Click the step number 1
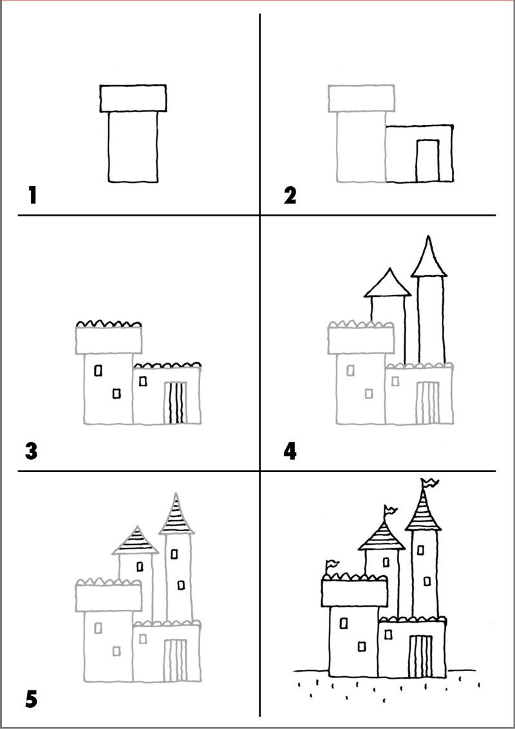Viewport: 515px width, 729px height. pos(32,194)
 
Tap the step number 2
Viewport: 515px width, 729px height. pos(290,195)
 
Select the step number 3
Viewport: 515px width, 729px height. pos(31,451)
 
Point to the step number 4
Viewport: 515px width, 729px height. pos(290,451)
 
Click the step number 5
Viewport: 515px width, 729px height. pos(31,700)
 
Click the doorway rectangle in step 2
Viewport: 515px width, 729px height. pos(427,160)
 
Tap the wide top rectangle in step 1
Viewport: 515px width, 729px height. pos(133,98)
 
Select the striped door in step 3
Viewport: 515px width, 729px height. pos(176,402)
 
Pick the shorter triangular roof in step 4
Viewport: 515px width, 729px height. pos(388,283)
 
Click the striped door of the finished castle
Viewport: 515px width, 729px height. pos(420,656)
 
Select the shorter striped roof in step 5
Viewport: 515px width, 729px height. pos(135,540)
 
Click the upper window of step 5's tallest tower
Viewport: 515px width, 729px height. pos(174,554)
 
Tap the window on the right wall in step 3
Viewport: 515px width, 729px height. pos(143,381)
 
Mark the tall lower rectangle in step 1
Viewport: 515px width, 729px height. pos(133,147)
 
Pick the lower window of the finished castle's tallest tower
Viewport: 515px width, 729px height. pos(427,581)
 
